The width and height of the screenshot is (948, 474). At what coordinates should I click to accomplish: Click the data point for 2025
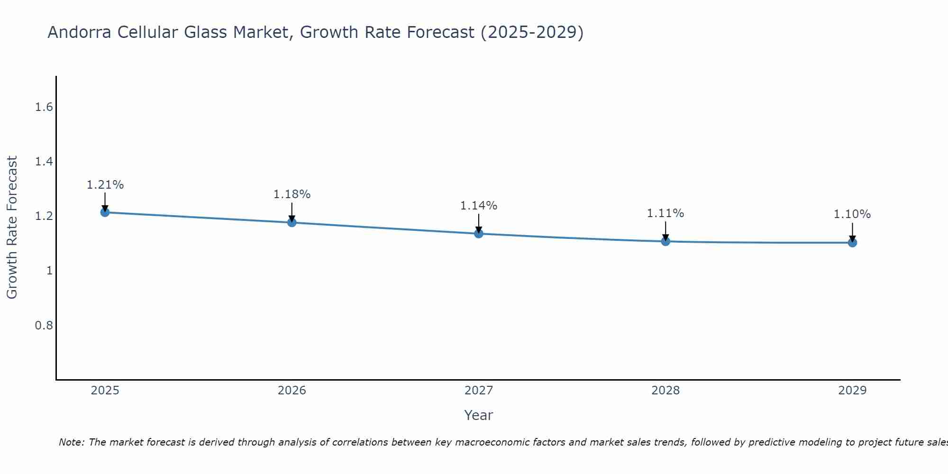click(105, 212)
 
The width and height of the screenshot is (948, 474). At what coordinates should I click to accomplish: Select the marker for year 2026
click(292, 222)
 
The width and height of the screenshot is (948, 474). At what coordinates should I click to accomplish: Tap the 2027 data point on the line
click(479, 234)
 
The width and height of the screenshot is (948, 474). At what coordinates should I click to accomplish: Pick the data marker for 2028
click(665, 241)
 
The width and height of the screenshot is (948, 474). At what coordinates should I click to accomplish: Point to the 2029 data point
click(852, 243)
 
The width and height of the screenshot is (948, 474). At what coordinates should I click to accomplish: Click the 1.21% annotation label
click(105, 185)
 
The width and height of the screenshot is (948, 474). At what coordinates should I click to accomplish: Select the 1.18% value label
click(292, 194)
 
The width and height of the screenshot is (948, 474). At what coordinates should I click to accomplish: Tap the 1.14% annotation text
click(479, 206)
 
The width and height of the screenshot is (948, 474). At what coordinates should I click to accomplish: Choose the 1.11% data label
click(665, 213)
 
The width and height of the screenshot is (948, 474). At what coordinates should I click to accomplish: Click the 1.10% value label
click(852, 214)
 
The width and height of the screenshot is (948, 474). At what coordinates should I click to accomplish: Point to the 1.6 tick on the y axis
click(44, 107)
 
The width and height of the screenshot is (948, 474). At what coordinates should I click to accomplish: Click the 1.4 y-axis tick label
click(44, 162)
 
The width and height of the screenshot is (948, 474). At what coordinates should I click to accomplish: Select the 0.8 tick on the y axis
click(44, 326)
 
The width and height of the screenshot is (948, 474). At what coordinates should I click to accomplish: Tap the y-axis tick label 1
click(49, 271)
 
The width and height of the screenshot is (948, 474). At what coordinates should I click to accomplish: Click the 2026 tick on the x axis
click(292, 391)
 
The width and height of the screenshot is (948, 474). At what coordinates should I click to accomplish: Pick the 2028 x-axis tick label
click(665, 391)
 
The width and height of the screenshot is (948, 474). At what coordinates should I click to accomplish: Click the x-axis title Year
click(479, 415)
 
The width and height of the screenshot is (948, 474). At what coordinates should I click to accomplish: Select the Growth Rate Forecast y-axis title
click(12, 228)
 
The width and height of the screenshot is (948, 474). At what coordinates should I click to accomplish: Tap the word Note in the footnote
click(71, 442)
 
